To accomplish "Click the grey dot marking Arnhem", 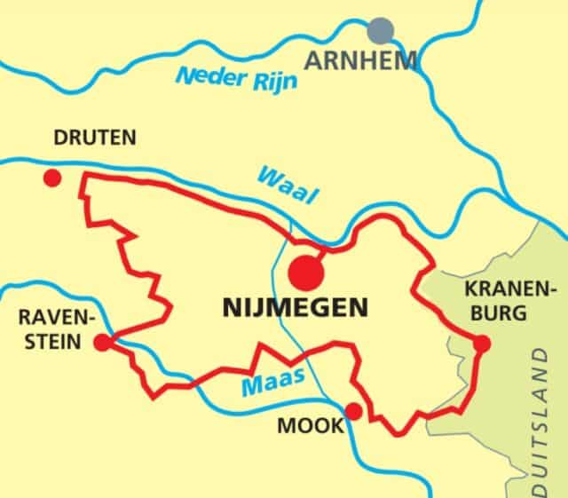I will (x=383, y=30).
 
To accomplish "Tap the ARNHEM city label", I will (x=361, y=61).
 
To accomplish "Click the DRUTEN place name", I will (x=95, y=138).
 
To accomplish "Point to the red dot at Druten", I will (x=52, y=178).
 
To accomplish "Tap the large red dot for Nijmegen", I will (x=307, y=271).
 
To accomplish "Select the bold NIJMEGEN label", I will (x=295, y=309).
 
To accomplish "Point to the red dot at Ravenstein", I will (x=102, y=341).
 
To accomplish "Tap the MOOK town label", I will (x=310, y=426).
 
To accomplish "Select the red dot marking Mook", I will (x=353, y=411).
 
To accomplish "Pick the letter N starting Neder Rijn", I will (x=184, y=78).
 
